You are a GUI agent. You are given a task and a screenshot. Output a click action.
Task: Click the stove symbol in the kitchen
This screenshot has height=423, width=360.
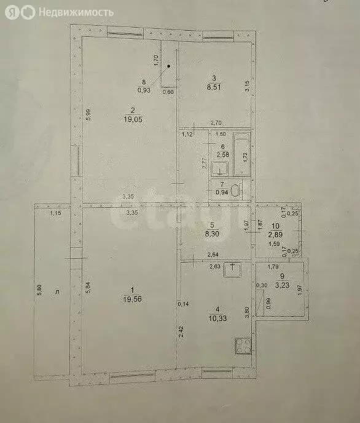pyautogui.click(x=241, y=347)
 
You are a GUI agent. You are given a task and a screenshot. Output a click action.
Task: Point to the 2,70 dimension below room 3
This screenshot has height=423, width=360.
pyautogui.click(x=216, y=123)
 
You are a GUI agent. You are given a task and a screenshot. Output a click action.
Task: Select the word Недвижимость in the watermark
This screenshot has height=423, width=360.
pyautogui.click(x=76, y=12)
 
